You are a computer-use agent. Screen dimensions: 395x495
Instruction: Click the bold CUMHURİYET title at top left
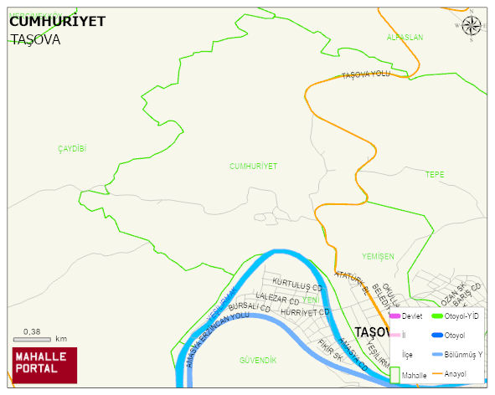point(57,22)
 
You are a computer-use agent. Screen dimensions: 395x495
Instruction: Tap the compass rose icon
point(472,28)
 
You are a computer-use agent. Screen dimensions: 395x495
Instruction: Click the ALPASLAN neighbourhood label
point(405,38)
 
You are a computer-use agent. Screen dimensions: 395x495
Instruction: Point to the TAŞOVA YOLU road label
point(366,75)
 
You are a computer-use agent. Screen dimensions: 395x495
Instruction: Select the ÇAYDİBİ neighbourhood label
point(72,148)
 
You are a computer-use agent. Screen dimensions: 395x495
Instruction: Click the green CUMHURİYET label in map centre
point(253,167)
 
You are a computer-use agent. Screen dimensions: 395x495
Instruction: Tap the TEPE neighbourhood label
point(436,175)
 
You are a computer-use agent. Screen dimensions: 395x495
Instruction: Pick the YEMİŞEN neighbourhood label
point(378,256)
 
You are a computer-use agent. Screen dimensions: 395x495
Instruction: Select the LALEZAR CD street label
point(277,299)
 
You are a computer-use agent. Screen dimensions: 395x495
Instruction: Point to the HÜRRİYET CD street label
point(302,312)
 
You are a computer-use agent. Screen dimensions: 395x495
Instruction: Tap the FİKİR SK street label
point(331,350)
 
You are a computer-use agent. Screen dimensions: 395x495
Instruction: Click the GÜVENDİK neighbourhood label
point(258,360)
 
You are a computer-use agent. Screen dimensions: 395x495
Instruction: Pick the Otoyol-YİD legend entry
point(456,315)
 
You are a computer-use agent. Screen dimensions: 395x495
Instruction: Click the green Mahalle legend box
point(394,376)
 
